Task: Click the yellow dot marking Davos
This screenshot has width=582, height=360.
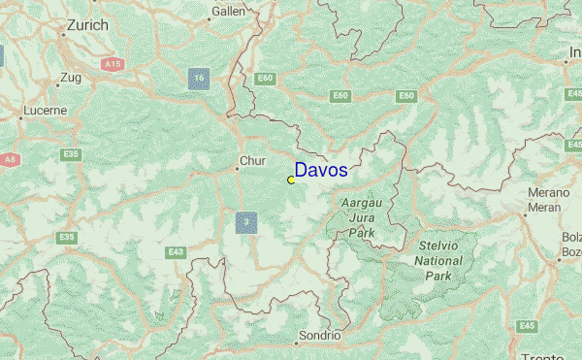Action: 291,180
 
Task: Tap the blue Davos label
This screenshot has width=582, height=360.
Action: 321,171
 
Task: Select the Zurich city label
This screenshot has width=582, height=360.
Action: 85,27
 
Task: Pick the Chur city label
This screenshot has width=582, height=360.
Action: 252,161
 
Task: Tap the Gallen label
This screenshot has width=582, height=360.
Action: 229,11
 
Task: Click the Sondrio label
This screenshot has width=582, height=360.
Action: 319,336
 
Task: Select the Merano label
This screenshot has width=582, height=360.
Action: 550,193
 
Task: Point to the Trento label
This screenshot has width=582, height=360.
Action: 541,355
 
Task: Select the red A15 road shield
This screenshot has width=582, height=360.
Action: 113,64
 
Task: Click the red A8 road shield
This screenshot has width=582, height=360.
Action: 11,159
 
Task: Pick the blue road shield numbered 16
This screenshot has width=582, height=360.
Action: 199,79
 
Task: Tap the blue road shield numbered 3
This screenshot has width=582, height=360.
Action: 246,223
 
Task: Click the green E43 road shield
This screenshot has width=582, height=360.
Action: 176,253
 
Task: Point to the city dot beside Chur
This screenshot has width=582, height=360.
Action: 236,169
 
